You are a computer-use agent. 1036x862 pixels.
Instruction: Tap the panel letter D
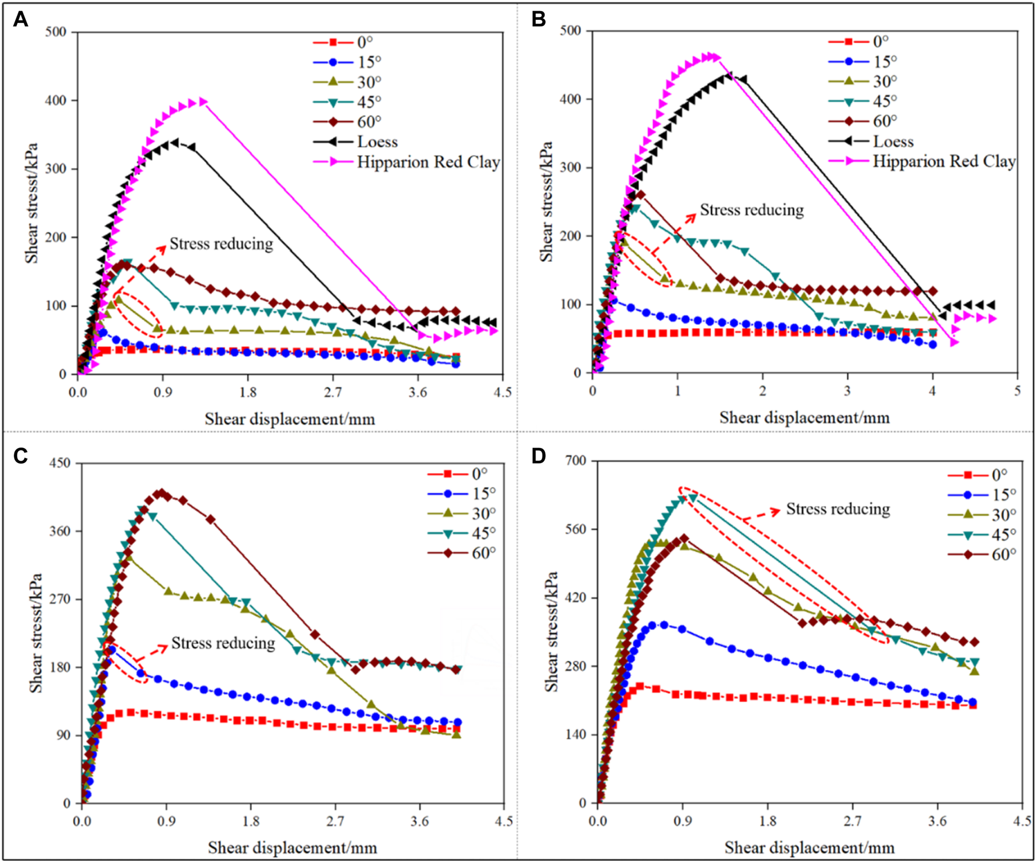(538, 456)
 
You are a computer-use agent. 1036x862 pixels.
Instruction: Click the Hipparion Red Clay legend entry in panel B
(944, 161)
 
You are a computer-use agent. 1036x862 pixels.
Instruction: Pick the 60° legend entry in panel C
(484, 553)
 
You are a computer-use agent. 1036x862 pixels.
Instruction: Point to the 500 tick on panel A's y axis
(56, 32)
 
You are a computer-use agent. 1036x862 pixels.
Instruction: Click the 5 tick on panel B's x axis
(1017, 390)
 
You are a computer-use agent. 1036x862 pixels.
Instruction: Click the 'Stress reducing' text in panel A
(221, 244)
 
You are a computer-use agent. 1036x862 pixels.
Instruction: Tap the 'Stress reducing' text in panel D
(838, 509)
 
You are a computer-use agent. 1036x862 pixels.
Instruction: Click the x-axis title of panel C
(292, 847)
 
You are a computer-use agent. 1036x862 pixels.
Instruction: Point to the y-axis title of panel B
(547, 201)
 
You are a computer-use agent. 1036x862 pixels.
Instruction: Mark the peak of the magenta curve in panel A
(203, 102)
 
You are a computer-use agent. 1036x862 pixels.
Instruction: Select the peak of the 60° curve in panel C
(161, 492)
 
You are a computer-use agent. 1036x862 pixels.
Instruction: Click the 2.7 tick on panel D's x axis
(852, 821)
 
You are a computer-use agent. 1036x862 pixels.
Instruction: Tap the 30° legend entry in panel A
(368, 82)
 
